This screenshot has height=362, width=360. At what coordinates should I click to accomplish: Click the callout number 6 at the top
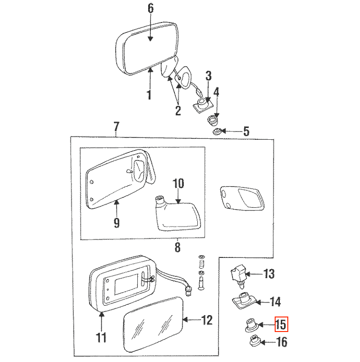[x=150, y=8]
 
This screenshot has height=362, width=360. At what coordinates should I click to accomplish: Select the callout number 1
[x=150, y=95]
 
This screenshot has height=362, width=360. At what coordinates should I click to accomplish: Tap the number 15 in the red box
[x=281, y=324]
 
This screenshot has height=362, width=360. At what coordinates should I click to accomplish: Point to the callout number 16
[x=282, y=342]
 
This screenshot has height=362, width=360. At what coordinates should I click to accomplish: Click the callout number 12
[x=207, y=320]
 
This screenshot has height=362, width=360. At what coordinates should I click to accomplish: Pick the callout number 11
[x=101, y=337]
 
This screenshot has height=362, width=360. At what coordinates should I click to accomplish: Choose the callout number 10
[x=178, y=183]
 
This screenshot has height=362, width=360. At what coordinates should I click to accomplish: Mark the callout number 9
[x=117, y=223]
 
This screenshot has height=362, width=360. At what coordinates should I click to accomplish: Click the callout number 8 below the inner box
[x=177, y=247]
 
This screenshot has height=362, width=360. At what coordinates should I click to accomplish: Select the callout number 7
[x=116, y=127]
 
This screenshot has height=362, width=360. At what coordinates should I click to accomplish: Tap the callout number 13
[x=269, y=274]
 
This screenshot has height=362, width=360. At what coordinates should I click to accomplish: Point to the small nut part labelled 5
[x=217, y=132]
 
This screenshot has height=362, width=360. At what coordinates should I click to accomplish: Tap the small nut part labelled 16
[x=255, y=341]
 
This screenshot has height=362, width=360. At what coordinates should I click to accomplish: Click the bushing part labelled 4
[x=211, y=121]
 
